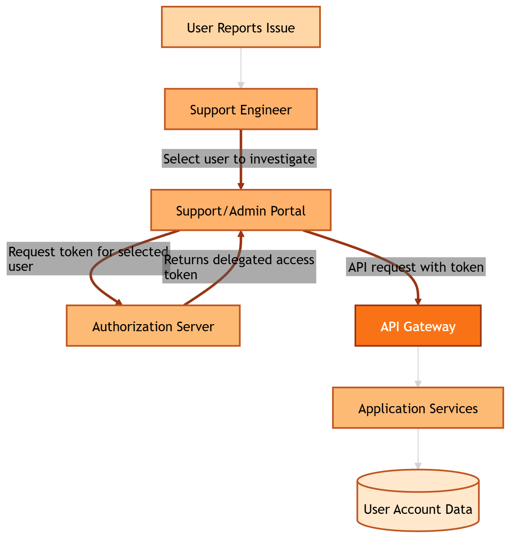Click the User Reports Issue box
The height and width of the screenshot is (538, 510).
coord(241,27)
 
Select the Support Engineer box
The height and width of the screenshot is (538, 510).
coord(241,109)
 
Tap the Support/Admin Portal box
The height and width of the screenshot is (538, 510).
coord(241,211)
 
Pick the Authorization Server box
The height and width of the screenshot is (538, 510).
coord(153,326)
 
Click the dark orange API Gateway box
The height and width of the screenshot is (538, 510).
coord(418,326)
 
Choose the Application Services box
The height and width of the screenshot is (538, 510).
coord(418,408)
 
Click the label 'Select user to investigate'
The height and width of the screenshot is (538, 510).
coord(239,159)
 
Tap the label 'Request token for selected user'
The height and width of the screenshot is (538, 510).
coord(88,259)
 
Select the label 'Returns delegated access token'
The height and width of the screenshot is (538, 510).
coord(239,267)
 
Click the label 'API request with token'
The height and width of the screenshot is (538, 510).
coord(416,267)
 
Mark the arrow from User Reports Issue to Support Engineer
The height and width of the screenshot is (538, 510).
coord(241,67)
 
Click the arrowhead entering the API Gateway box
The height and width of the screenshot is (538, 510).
coord(418,301)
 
